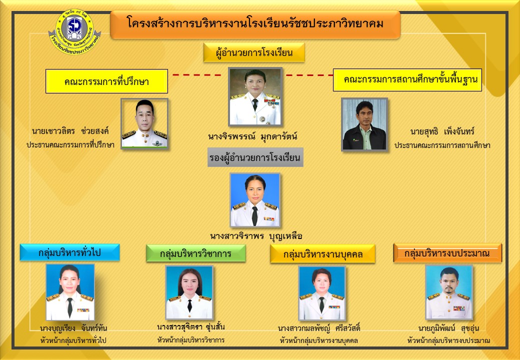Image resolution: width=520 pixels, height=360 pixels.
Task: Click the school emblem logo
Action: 74,31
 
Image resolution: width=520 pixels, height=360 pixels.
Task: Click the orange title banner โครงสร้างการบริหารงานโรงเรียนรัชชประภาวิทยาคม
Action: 255,24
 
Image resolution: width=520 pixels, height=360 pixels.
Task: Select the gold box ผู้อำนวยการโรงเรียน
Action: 254,52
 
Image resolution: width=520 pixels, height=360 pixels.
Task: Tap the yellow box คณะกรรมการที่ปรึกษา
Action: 107,81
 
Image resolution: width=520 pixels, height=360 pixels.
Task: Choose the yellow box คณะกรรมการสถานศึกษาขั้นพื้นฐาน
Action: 407,80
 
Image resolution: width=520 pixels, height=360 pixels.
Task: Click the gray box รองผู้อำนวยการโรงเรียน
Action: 255,157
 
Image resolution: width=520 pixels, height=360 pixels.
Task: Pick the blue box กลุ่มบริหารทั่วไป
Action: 69,252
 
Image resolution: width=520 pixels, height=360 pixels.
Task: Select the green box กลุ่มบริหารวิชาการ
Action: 196,253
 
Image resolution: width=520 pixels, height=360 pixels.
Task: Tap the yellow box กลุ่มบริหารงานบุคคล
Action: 322,254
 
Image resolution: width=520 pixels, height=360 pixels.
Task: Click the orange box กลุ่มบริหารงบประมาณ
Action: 447,253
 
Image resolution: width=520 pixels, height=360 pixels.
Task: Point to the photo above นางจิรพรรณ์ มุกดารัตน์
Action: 255,97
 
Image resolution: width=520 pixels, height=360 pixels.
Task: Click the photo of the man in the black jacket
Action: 364,124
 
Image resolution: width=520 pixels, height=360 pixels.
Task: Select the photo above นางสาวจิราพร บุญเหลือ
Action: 255,200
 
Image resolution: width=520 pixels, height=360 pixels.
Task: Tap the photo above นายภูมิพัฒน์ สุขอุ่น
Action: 449,292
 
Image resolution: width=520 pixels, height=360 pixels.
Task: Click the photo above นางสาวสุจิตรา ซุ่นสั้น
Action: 189,292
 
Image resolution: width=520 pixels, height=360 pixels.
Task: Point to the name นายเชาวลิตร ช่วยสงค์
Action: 70,131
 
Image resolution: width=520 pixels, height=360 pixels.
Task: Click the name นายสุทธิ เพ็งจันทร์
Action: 442,131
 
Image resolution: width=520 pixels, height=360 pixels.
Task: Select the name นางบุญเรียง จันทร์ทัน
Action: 73,328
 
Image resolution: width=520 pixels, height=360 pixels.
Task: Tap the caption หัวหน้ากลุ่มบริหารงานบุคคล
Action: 318,340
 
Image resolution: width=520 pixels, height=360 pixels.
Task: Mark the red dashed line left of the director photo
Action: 197,75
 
